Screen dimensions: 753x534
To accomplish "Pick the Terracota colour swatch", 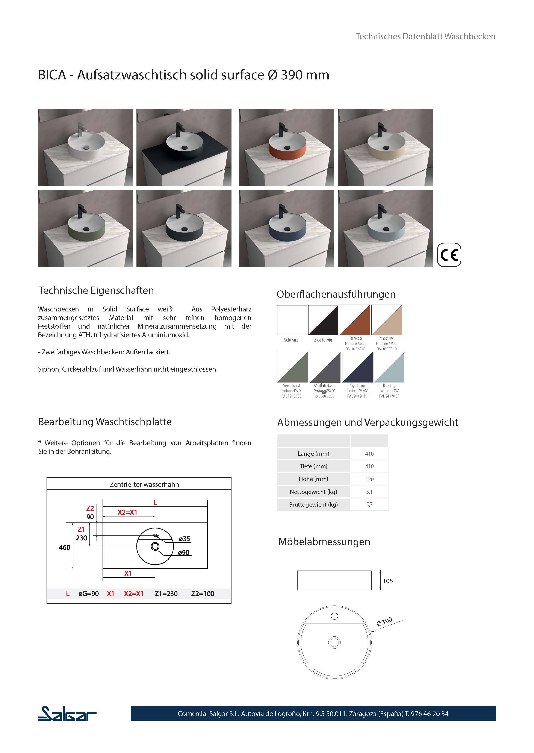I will [355, 320].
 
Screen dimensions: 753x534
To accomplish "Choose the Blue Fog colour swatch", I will [389, 367].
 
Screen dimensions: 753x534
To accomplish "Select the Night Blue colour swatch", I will [357, 367].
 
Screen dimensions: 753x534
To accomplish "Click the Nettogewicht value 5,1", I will [369, 492].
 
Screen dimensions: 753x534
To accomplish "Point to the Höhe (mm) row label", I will [313, 479].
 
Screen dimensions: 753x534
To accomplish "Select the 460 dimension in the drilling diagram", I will [64, 547].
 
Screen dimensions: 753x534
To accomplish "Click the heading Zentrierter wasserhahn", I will [144, 484].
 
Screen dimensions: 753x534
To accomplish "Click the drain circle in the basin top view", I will [334, 642].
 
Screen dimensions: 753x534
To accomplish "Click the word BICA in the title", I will [52, 75].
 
